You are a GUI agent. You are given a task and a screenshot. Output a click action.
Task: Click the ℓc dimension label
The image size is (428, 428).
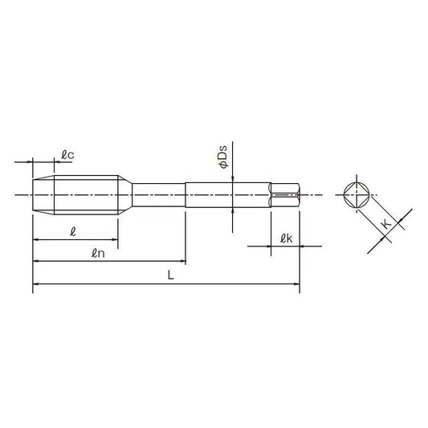(x=67, y=155)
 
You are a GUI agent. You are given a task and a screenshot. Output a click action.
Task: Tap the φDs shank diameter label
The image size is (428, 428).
(x=223, y=157)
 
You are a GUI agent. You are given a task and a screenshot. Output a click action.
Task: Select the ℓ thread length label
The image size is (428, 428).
(x=72, y=232)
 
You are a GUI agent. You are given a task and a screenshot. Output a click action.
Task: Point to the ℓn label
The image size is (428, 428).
(x=98, y=254)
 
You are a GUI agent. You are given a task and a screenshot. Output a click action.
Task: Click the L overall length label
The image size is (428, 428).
(x=170, y=275)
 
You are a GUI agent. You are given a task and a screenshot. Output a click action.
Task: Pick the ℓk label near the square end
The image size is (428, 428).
(x=287, y=238)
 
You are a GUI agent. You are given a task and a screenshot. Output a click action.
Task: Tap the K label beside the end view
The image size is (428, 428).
(x=386, y=224)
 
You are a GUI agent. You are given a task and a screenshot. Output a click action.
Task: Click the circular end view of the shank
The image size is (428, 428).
(x=357, y=195)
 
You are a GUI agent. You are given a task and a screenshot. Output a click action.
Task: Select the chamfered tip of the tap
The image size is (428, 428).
(x=43, y=195)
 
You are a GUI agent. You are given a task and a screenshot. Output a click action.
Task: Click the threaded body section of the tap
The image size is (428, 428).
(x=86, y=195)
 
